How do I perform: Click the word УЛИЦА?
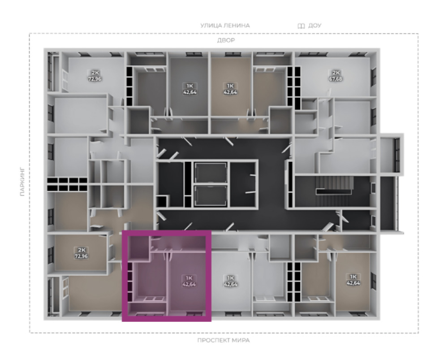pos(211,26)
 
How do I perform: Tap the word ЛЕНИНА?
pos(237,26)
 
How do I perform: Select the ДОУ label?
pos(315,26)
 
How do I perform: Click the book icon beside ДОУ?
pos(302,26)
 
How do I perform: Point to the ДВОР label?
pos(226,40)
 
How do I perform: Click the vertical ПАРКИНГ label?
pos(22,182)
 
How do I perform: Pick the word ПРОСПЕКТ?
pos(213,340)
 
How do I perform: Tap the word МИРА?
pos(241,340)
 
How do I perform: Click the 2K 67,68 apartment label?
pos(336,76)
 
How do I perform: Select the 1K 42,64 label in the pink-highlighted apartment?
pos(189,281)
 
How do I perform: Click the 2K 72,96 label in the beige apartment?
pos(81,253)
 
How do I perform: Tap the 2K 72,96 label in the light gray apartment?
pos(95,76)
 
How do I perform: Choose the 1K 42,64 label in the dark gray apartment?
pos(190,89)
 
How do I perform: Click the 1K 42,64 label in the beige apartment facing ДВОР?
pos(230,89)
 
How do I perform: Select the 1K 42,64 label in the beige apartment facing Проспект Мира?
pos(353,280)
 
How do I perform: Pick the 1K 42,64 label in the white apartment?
pos(231,281)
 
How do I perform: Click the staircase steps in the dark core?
pos(334,186)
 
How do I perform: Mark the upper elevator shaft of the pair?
pos(211,173)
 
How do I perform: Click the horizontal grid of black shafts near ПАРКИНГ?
pos(67,184)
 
